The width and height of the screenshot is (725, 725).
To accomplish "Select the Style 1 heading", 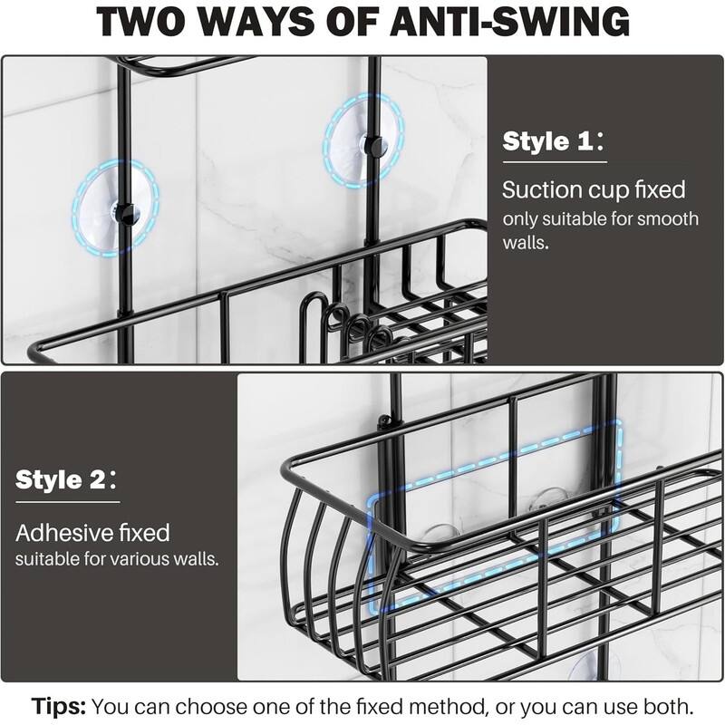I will click(547, 141).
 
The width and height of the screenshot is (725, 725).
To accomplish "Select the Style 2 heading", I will click(60, 479).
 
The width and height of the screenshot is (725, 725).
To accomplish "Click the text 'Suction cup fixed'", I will click(594, 189).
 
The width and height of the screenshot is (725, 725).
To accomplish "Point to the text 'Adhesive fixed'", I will click(92, 532).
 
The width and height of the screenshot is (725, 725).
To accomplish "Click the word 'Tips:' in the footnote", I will click(60, 704).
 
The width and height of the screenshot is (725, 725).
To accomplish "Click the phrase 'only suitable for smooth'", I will click(601, 219).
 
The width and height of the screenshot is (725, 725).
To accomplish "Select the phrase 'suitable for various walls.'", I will click(117, 558).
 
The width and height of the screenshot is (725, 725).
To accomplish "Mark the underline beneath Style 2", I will click(67, 502).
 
